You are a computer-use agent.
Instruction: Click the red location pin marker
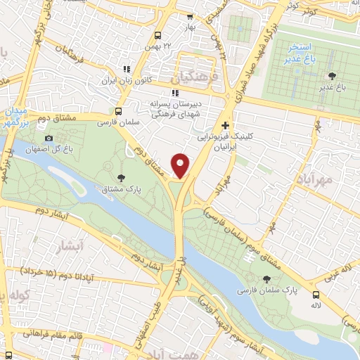(181, 165)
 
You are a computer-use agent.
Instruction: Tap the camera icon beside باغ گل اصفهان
(49, 138)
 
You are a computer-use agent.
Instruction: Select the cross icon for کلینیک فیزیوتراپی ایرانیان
(224, 124)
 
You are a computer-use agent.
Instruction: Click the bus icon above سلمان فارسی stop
(117, 111)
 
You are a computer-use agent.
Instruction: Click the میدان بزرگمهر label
(15, 117)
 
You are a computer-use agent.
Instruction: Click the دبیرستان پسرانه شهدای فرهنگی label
(174, 106)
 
